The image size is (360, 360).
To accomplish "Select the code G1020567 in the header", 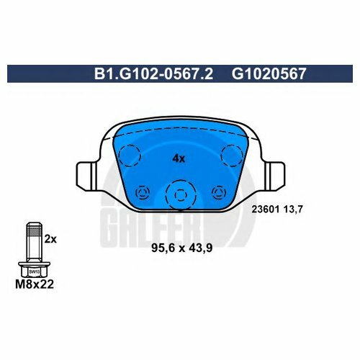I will coord(269,73).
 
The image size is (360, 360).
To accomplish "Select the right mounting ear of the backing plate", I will coord(275,174).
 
